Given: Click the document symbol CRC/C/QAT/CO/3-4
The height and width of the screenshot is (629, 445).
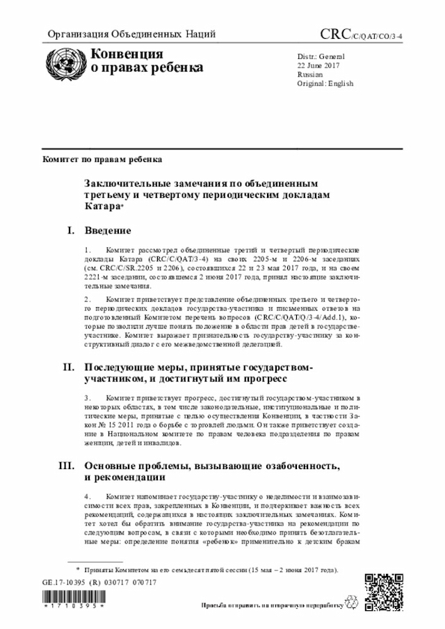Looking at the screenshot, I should coord(361,33).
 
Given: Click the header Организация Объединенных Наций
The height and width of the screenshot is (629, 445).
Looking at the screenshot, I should coord(131,33).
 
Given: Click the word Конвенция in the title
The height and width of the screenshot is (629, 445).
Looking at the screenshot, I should coord(127,54).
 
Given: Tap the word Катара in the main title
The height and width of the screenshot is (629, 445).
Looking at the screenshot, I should coord(102,206).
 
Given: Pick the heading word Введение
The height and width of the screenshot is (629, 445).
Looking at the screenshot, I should coord(108,230).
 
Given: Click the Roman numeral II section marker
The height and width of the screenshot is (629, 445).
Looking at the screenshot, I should coord(69,366).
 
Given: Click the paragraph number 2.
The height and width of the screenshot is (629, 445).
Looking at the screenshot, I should coord(87,299).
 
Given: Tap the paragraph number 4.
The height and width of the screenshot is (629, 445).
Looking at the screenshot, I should coord(87,497).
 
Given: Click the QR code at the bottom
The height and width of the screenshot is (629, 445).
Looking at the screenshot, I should coord(382,590).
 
